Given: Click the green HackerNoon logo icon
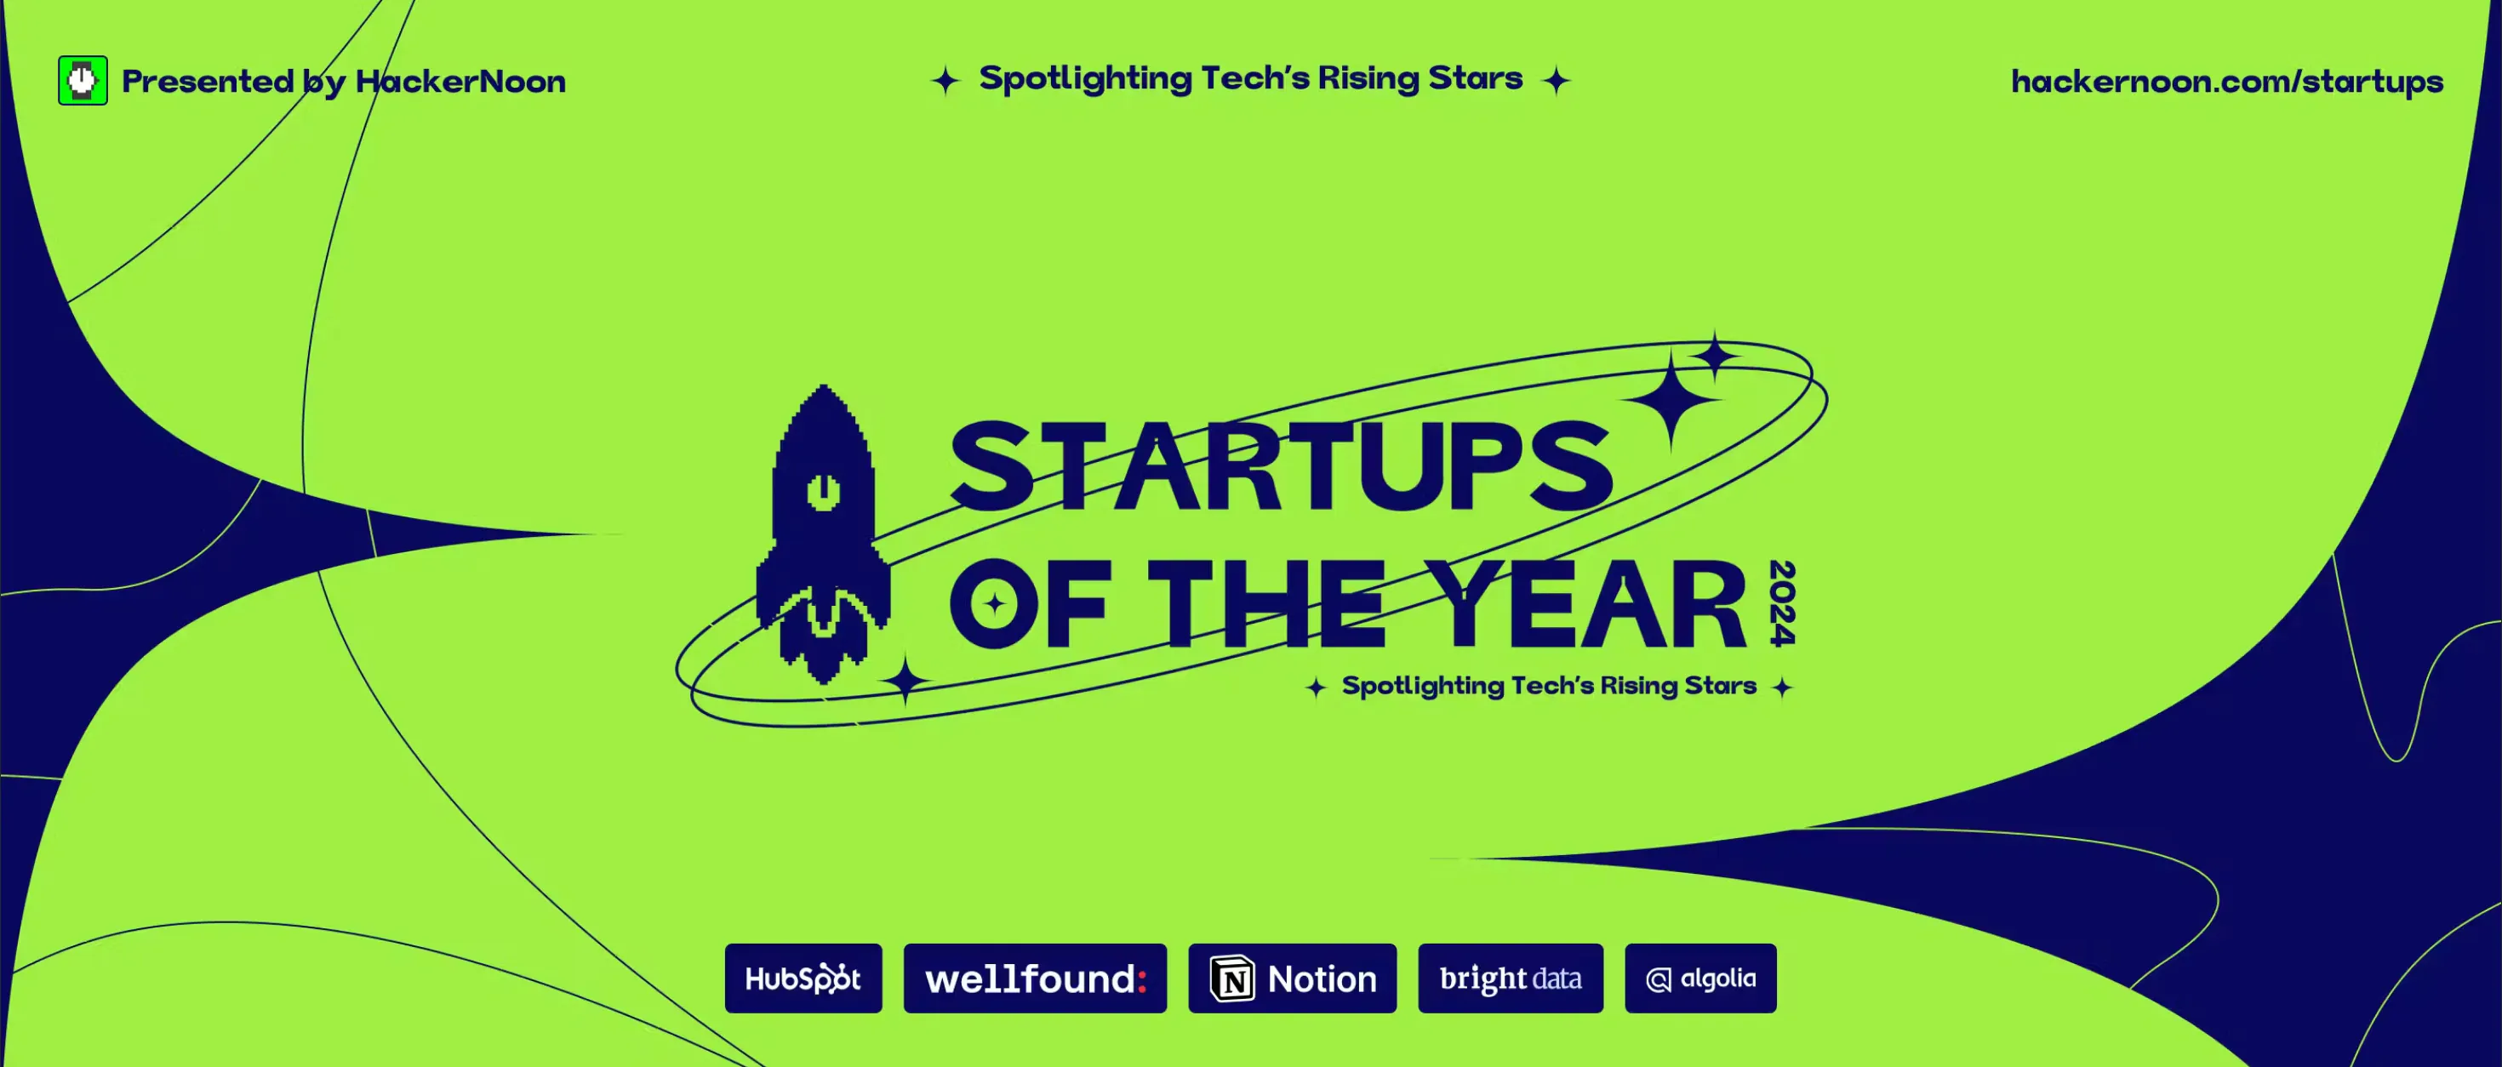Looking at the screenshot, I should (83, 81).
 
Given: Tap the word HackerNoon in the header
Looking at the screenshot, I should (460, 82).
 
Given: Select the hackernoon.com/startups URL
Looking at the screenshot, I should (2226, 82).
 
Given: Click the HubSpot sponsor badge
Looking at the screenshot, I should (803, 978).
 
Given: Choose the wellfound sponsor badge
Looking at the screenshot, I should (1034, 978).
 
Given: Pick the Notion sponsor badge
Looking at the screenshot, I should (1292, 978).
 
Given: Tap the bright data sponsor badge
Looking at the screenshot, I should (1511, 978).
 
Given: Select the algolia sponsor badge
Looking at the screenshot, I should (1699, 978).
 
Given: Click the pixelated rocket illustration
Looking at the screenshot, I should (823, 534).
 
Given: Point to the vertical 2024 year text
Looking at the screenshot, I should (1782, 603).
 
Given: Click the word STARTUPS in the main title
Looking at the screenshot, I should (1280, 467).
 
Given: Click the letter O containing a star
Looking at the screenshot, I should (994, 604).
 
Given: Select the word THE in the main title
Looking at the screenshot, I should (1267, 604).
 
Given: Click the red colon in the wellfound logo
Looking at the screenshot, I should (1142, 979).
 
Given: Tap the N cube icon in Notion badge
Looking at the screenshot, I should (1232, 979).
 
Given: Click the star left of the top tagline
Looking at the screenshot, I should (945, 81).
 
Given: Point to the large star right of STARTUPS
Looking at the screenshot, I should (1671, 399).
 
